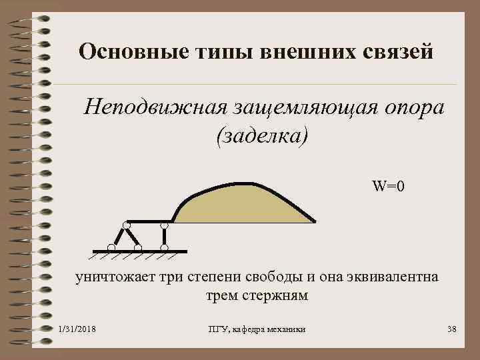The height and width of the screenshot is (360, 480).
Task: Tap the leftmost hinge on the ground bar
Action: pyautogui.click(x=111, y=248)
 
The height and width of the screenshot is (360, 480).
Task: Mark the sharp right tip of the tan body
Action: pyautogui.click(x=315, y=221)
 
